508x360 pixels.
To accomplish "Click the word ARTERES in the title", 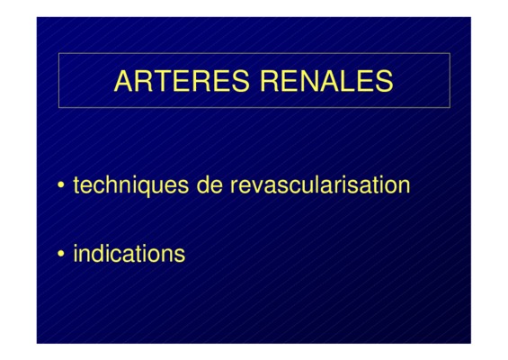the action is point(182,81).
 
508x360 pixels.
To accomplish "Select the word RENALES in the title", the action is point(327,81).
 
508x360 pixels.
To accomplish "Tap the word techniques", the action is point(131,185).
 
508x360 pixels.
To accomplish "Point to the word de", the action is point(209,184).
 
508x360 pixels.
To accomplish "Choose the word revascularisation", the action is point(320,184).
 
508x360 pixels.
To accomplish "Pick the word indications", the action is point(129,253).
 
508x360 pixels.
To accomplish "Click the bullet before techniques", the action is point(60,184).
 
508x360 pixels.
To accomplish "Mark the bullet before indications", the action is point(60,253).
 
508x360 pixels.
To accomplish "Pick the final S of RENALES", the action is point(384,81).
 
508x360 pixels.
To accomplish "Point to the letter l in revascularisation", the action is point(324,184).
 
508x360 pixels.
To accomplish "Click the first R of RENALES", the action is point(270,81).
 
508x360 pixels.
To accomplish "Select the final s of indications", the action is point(180,256).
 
